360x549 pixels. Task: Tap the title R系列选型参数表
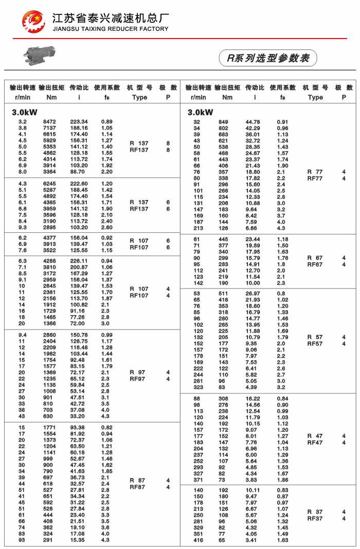268,58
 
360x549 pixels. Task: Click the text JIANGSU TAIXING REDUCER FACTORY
111,29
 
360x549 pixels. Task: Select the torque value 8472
49,122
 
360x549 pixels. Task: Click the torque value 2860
49,335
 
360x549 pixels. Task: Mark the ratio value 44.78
253,122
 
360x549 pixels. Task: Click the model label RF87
138,487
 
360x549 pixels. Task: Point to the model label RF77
315,178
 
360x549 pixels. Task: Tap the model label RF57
315,343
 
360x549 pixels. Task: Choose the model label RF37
315,519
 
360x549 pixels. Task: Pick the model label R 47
315,436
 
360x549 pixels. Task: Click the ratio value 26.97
253,294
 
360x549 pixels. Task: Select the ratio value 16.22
253,399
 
